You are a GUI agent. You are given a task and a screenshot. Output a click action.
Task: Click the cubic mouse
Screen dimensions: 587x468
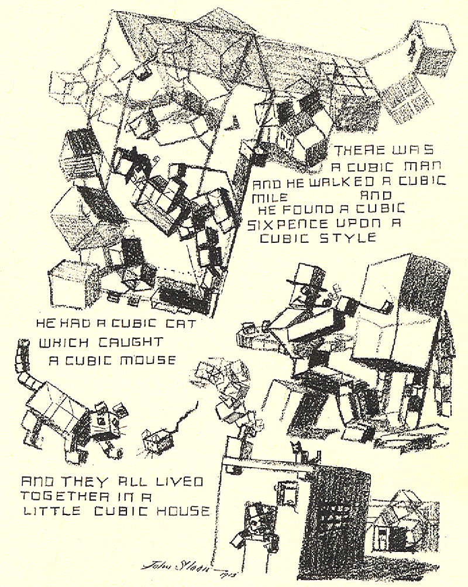click(x=153, y=440)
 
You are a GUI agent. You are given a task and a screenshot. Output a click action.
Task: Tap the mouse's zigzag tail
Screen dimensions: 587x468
click(x=184, y=416)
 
